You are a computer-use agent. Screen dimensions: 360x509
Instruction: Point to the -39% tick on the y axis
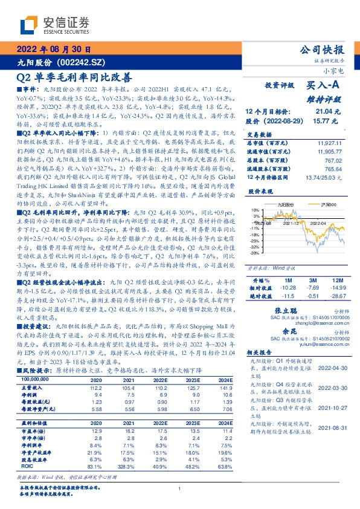tap(256, 254)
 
